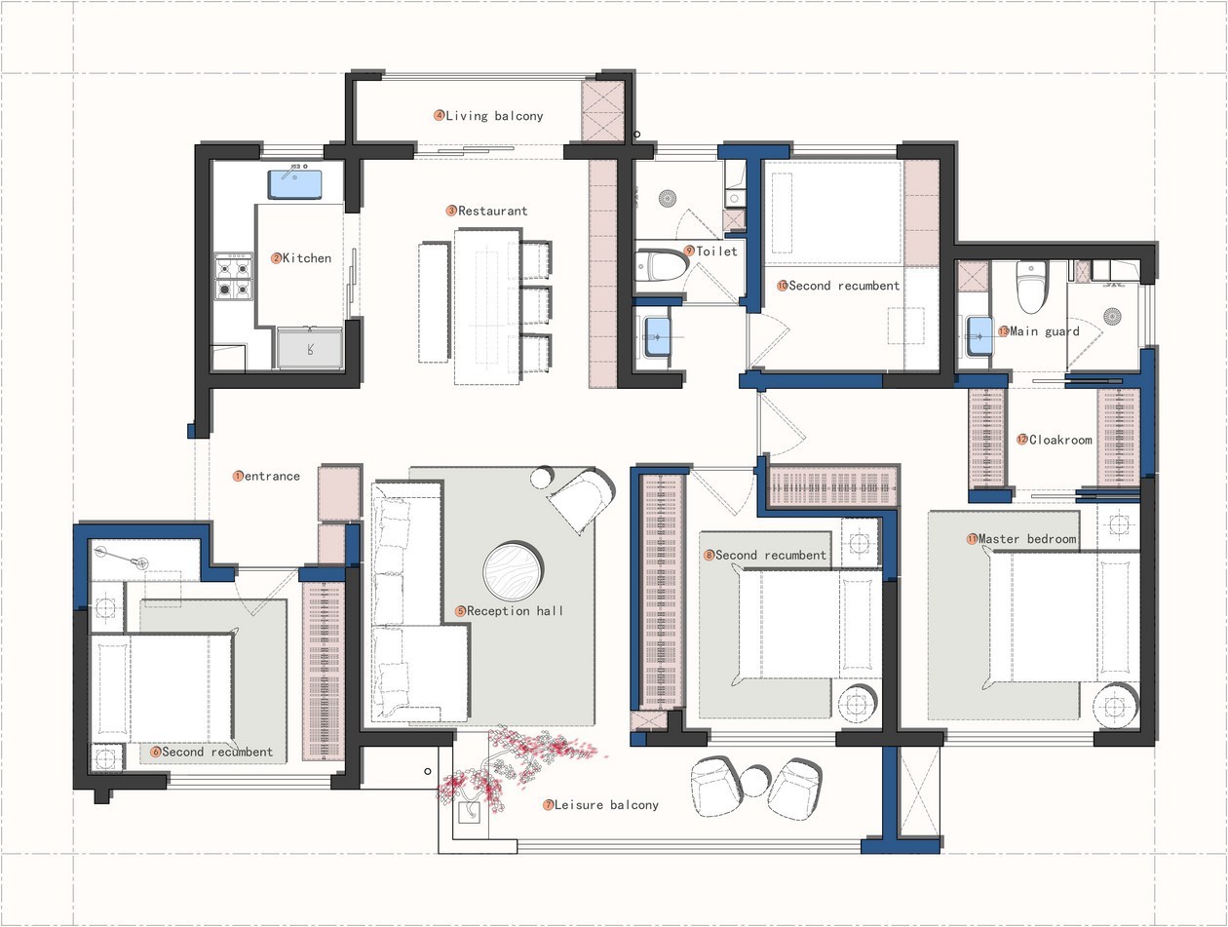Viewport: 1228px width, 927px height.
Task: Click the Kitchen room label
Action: [307, 258]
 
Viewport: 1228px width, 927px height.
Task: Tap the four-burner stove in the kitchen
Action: [234, 276]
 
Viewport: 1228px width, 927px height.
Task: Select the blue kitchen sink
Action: [295, 184]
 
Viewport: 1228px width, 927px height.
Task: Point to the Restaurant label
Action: [492, 211]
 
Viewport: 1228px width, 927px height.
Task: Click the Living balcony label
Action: [494, 116]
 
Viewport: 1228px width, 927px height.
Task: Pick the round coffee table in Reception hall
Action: [513, 570]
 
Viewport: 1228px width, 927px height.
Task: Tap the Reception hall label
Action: [515, 611]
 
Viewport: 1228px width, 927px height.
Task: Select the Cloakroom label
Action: [1060, 440]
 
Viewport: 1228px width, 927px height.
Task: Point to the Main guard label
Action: [1045, 331]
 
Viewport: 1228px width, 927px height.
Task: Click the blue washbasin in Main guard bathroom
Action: [979, 336]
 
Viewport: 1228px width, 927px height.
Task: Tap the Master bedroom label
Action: [1027, 539]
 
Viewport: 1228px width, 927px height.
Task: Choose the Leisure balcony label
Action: [606, 805]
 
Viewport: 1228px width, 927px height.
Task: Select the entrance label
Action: [272, 476]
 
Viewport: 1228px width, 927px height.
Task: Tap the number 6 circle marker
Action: [156, 753]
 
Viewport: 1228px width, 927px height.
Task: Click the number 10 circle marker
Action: [783, 286]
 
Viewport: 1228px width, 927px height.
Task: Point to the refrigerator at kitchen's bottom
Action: [309, 348]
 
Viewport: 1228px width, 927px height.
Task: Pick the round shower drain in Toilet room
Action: [667, 199]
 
